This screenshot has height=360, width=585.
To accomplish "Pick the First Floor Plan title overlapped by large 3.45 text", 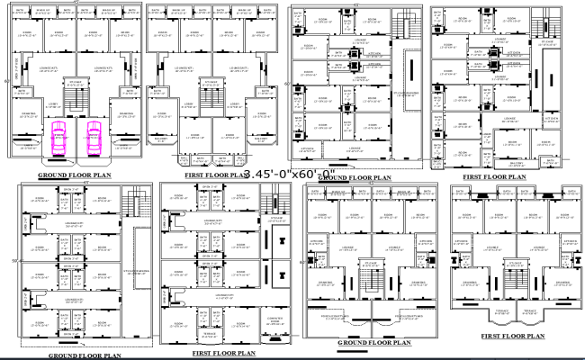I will [214, 175].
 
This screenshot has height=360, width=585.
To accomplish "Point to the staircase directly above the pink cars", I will [75, 98].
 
